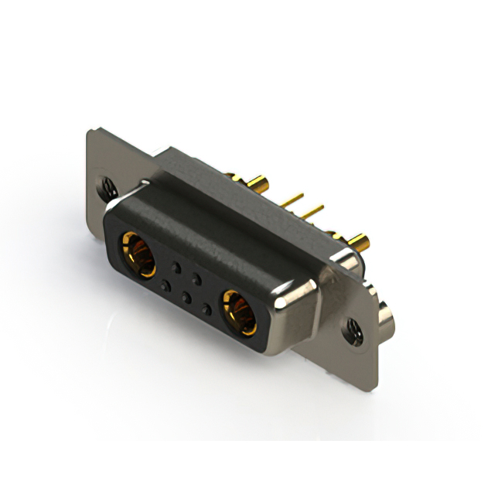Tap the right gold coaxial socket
238,310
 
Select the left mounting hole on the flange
107,186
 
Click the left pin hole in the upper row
176,267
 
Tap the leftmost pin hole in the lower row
165,285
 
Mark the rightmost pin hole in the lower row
205,309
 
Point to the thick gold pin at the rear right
360,241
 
